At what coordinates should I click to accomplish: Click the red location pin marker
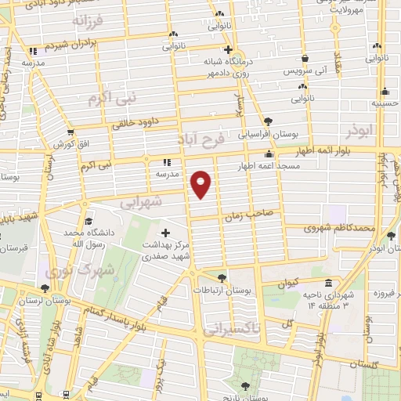pyautogui.click(x=201, y=183)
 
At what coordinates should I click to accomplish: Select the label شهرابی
pyautogui.click(x=142, y=202)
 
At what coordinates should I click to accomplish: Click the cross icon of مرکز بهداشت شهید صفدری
pyautogui.click(x=165, y=233)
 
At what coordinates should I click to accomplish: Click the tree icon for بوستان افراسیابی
pyautogui.click(x=269, y=121)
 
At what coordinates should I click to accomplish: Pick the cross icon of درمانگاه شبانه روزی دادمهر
pyautogui.click(x=226, y=49)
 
